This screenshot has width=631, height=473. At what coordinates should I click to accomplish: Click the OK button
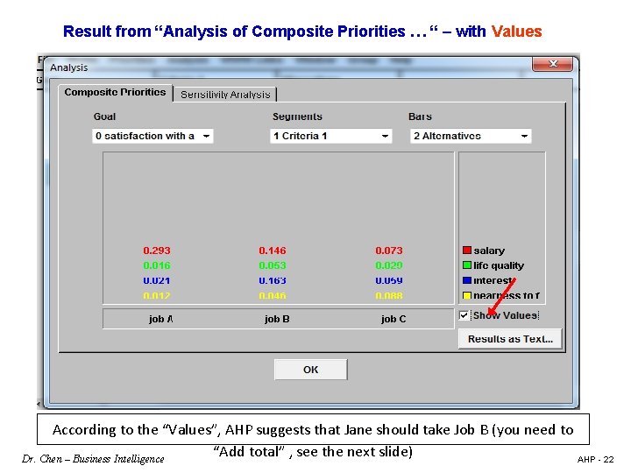tap(310, 370)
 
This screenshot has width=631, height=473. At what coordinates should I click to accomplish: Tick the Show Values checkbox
tap(464, 315)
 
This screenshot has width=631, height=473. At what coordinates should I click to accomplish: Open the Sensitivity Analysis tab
tap(225, 95)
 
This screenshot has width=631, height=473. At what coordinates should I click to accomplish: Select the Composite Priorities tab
tap(115, 93)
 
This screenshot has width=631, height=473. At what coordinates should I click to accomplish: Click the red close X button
tap(553, 64)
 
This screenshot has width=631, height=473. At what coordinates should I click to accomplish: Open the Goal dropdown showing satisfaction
tap(152, 136)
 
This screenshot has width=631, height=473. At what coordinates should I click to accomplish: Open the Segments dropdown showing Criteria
tap(331, 136)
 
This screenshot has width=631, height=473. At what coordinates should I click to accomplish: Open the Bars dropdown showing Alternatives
tap(471, 136)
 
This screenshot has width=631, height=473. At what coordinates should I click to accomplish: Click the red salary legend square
tap(467, 251)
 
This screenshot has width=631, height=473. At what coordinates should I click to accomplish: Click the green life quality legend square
tap(467, 265)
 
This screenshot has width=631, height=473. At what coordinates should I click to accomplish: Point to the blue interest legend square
tap(467, 280)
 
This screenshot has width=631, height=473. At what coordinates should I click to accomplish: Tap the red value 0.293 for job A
tap(157, 251)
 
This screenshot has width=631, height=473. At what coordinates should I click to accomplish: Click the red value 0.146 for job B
tap(273, 251)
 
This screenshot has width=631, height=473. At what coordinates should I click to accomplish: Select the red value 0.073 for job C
tap(389, 251)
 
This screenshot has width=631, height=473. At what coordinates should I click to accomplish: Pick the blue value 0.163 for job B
tap(273, 280)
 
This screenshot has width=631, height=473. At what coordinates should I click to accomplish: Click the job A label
tap(160, 319)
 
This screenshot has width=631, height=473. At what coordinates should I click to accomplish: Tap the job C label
tap(393, 319)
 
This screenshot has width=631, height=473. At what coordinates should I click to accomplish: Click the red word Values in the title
tap(517, 32)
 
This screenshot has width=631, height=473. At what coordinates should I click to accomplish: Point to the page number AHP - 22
tap(596, 459)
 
